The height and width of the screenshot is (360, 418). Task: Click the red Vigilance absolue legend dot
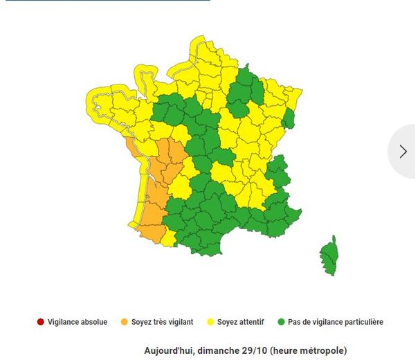click(x=41, y=322)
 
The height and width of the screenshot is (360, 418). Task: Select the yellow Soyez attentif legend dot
click(x=210, y=322)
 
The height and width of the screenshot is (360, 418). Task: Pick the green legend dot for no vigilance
click(x=281, y=322)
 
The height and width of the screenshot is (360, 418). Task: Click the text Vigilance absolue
click(x=78, y=322)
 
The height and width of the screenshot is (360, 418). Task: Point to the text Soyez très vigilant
click(x=162, y=322)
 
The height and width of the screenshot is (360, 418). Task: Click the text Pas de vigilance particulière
click(x=336, y=322)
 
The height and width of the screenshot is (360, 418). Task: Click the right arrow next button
click(x=403, y=151)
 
